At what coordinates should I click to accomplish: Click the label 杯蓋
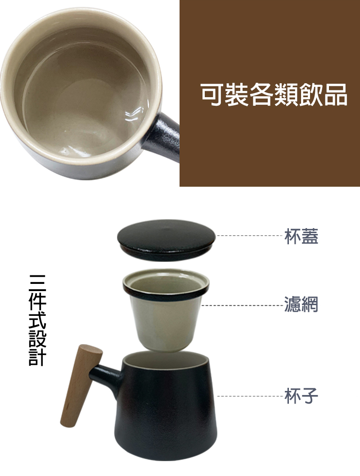[x=301, y=236]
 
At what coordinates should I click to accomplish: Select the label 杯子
[x=301, y=395]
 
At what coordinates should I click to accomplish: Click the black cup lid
[x=166, y=240]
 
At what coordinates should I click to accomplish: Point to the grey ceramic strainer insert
[x=166, y=310]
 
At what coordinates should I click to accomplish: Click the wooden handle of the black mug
[x=81, y=386]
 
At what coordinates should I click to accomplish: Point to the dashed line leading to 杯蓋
[x=250, y=236]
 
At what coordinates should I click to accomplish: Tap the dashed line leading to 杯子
[x=251, y=396]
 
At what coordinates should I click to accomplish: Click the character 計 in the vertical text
[x=37, y=358]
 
